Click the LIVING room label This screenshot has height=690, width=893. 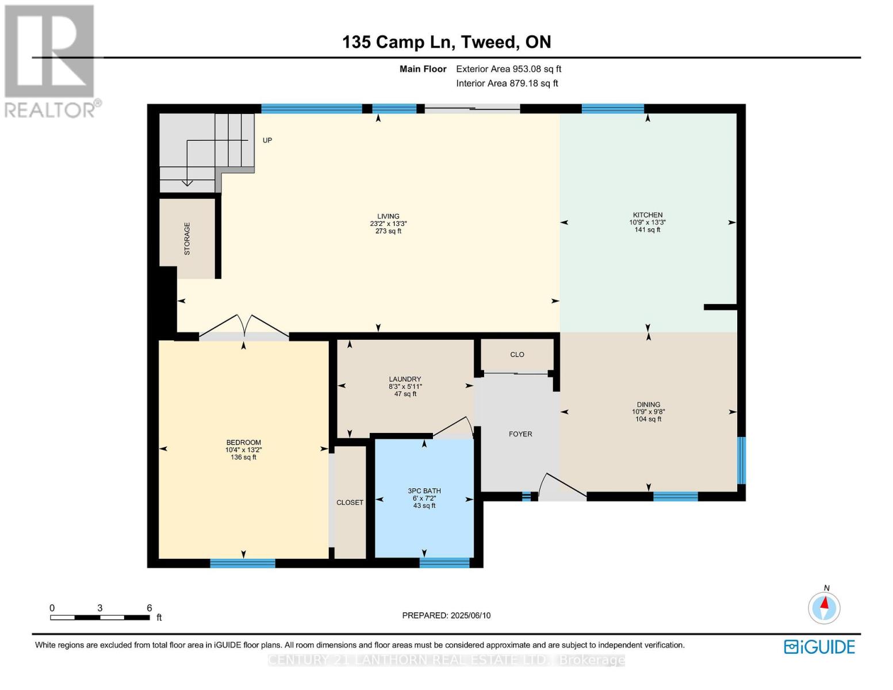[x=388, y=217]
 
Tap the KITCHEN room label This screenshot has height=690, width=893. [x=647, y=215]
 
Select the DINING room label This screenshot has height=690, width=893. [x=648, y=404]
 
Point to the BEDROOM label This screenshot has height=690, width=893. [x=243, y=443]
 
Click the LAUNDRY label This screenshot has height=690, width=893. [x=405, y=379]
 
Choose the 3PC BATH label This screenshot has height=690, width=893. [x=424, y=491]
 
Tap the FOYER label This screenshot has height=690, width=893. [x=520, y=434]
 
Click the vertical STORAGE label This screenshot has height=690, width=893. [x=187, y=239]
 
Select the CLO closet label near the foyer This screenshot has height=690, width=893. [x=517, y=355]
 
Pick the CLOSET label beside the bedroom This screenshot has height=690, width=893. [x=350, y=503]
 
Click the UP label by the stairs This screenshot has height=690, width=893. [x=267, y=140]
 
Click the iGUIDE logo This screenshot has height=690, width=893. [x=819, y=647]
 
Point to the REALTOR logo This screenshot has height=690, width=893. [x=51, y=60]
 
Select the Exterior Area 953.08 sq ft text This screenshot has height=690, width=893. [x=508, y=69]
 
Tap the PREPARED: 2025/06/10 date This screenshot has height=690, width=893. [x=446, y=615]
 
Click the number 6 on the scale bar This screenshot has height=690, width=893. [x=150, y=608]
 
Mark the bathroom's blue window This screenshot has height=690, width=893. [x=444, y=563]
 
